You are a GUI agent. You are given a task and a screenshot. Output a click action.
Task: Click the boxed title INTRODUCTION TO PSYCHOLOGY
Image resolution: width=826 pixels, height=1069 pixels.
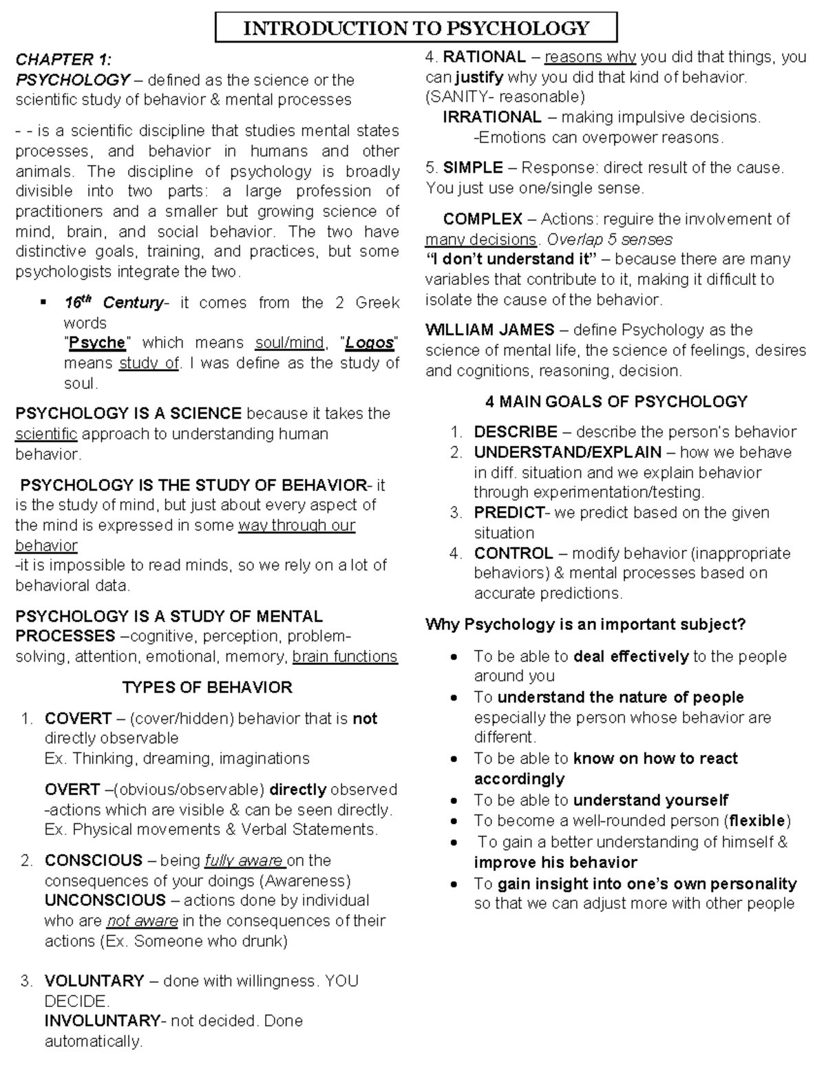click(416, 28)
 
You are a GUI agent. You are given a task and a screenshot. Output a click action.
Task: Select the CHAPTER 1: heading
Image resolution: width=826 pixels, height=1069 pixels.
click(63, 59)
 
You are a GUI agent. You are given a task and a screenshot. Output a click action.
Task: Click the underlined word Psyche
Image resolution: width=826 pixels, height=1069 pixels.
click(97, 343)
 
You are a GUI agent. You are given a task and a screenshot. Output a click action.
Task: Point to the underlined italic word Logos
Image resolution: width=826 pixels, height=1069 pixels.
click(370, 343)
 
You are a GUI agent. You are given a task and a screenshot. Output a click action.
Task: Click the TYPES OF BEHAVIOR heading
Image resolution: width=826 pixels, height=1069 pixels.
click(207, 687)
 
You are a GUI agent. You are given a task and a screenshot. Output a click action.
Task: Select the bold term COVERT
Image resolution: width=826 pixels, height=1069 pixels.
click(78, 719)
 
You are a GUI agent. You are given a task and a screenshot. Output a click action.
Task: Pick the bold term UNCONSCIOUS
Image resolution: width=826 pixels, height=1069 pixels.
click(105, 900)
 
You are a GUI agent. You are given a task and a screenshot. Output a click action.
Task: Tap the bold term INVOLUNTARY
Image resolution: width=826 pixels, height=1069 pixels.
click(102, 1021)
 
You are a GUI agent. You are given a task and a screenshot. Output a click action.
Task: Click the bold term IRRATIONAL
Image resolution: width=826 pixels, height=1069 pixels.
click(491, 117)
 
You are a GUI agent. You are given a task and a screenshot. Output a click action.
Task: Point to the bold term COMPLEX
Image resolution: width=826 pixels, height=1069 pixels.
click(483, 219)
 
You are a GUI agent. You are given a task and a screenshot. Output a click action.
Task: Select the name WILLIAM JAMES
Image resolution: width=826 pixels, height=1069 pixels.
click(489, 330)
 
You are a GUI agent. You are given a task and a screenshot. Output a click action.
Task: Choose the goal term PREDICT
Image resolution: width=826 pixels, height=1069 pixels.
click(509, 513)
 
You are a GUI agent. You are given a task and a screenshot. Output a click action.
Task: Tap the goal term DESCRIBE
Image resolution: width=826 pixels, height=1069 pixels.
click(516, 432)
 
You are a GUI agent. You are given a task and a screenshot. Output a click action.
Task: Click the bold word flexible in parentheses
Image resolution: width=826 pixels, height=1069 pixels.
click(757, 821)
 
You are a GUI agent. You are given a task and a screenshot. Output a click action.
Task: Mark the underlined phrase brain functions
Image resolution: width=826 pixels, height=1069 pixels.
click(345, 657)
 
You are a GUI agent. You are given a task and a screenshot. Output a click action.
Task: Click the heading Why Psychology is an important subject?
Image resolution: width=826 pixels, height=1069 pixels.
click(586, 624)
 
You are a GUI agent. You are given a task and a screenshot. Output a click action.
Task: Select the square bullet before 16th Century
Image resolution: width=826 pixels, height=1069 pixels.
click(43, 303)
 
